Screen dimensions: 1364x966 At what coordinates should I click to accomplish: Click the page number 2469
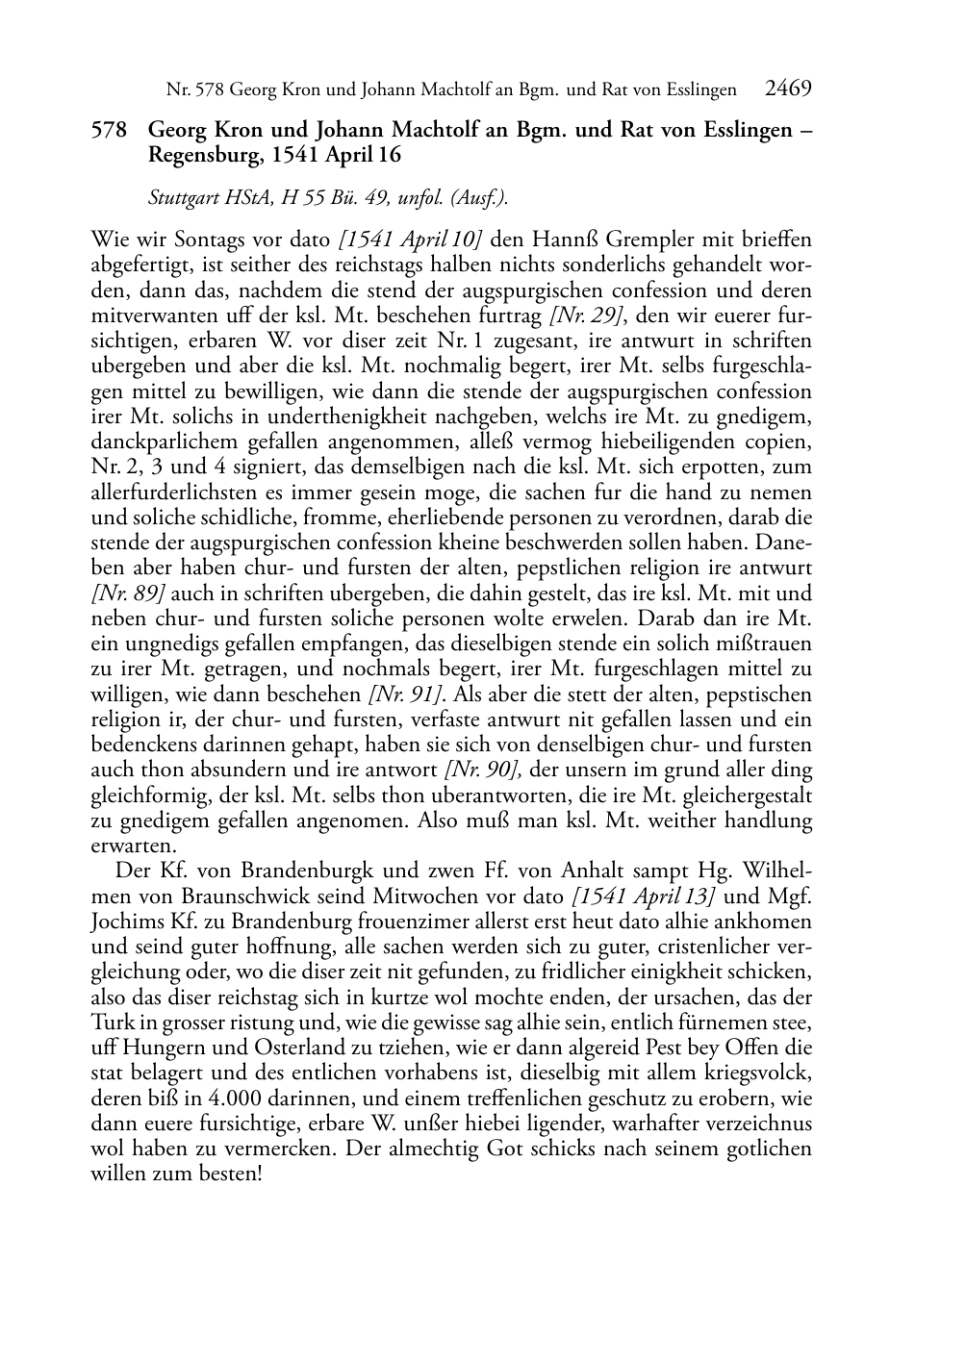click(x=788, y=89)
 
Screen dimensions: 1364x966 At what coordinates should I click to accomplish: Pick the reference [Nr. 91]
click(x=405, y=695)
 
